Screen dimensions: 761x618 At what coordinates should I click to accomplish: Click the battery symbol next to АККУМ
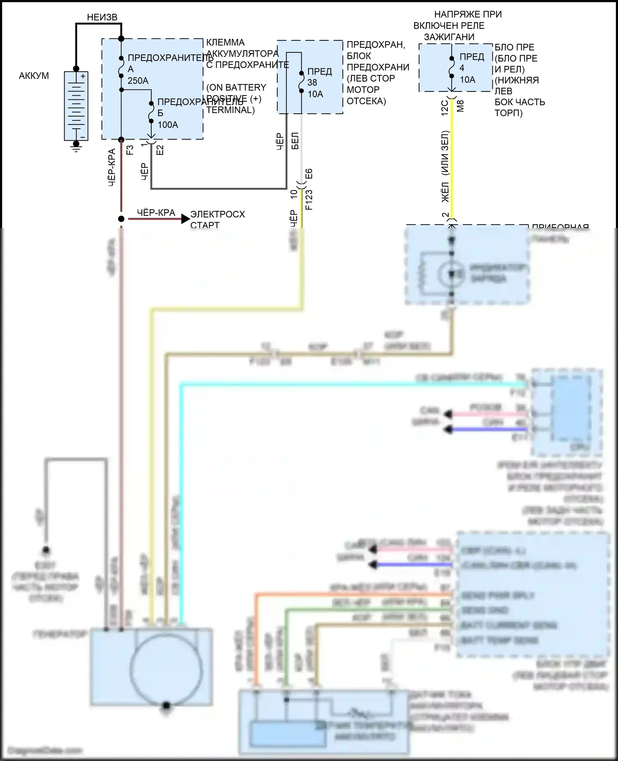click(x=76, y=106)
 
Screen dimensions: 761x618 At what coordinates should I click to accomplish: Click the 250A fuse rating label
click(x=138, y=81)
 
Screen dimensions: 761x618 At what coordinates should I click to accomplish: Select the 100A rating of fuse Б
click(x=168, y=125)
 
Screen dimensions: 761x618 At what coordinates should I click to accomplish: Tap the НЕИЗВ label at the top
click(x=102, y=17)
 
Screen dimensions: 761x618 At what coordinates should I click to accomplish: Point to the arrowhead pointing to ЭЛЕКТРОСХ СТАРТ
click(x=185, y=219)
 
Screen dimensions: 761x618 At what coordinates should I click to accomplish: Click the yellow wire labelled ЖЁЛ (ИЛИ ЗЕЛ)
click(x=452, y=165)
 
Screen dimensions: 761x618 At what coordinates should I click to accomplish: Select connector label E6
click(x=309, y=174)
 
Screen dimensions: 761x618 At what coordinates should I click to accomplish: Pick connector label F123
click(x=309, y=200)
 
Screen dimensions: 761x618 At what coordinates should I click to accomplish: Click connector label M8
click(x=461, y=106)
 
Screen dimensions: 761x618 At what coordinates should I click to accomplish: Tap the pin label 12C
click(x=445, y=108)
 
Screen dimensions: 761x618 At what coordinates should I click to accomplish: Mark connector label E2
click(x=160, y=150)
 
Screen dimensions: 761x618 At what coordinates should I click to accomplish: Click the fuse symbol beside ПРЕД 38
click(x=302, y=82)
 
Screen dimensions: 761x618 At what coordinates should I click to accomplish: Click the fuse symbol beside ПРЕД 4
click(x=452, y=67)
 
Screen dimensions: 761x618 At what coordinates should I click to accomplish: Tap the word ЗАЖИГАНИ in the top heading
click(x=449, y=37)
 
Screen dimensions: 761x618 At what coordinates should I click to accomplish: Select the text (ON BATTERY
click(x=236, y=87)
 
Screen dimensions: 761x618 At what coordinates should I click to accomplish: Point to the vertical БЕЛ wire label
click(x=295, y=141)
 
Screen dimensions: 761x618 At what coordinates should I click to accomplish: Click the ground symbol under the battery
click(x=76, y=146)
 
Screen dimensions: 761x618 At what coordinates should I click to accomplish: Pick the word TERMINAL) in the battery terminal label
click(x=230, y=110)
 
